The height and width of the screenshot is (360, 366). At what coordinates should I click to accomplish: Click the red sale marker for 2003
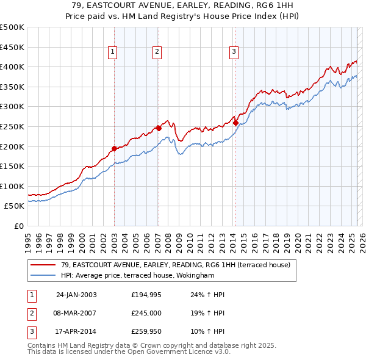114,148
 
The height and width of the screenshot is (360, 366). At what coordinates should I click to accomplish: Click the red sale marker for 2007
159,128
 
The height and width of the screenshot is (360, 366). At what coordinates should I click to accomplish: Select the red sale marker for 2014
235,123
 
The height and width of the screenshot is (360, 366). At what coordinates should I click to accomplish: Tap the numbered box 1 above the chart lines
113,53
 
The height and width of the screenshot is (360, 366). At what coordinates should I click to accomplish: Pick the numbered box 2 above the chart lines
157,53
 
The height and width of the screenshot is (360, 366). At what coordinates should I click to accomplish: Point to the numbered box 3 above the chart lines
234,53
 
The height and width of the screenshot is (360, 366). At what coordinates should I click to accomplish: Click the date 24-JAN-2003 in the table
76,295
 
